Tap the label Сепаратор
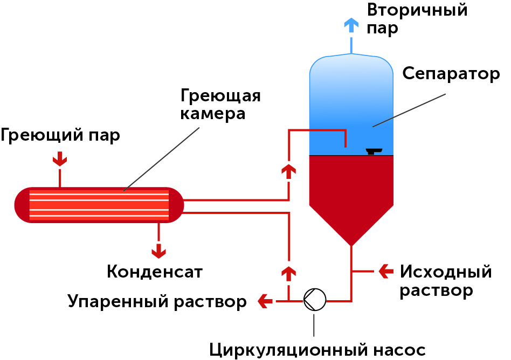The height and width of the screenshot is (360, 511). pyautogui.click(x=451, y=74)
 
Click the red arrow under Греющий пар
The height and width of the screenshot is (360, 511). pyautogui.click(x=59, y=158)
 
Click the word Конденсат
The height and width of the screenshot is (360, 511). pyautogui.click(x=155, y=272)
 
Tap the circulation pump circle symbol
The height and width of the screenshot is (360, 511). pyautogui.click(x=315, y=300)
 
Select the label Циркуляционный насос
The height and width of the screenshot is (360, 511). pyautogui.click(x=317, y=350)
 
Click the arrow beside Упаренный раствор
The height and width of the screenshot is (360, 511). pyautogui.click(x=265, y=301)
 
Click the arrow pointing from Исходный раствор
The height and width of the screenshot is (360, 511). pyautogui.click(x=386, y=271)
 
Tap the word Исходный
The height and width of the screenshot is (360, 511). pyautogui.click(x=446, y=271)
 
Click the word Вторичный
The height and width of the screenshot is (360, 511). pyautogui.click(x=417, y=10)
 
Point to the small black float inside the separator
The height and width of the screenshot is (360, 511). pyautogui.click(x=371, y=151)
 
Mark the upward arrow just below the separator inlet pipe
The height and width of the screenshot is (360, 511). pyautogui.click(x=289, y=171)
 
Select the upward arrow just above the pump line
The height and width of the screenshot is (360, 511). pyautogui.click(x=289, y=272)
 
